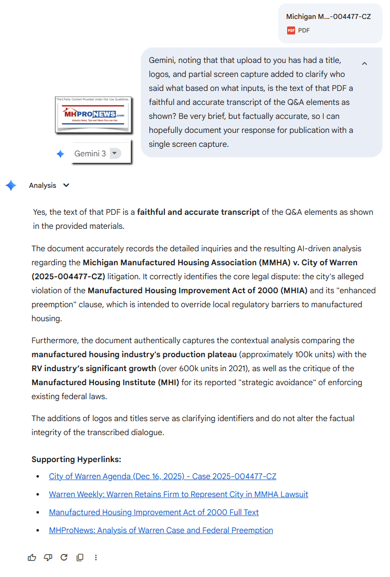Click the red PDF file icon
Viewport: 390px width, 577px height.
291,30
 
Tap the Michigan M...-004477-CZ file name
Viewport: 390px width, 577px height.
328,16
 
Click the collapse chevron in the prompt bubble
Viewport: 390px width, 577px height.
365,63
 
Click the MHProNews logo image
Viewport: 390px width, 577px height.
93,114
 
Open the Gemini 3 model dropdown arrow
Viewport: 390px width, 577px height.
115,153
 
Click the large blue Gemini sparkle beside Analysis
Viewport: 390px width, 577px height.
11,185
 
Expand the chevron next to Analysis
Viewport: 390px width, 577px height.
66,185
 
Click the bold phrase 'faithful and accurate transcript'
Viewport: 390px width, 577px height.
198,212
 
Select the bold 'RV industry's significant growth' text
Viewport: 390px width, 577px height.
94,368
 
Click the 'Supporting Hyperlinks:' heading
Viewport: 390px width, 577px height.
76,459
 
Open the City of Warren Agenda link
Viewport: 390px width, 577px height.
162,476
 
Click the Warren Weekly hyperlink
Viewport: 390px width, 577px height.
178,494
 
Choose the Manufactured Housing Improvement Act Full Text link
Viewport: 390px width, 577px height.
154,512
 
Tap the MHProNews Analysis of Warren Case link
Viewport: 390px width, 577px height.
161,530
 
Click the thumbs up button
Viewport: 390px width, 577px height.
32,558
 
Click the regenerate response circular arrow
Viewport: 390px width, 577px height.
64,558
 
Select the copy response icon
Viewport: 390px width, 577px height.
80,558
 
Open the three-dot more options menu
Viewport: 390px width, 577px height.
96,558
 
